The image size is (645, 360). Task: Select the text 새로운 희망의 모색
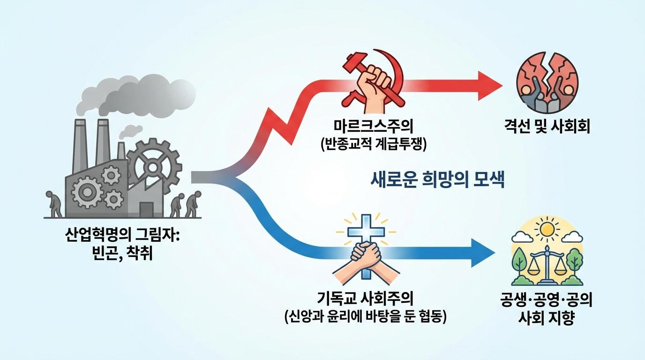[437, 180]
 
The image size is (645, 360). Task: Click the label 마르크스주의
[374, 127]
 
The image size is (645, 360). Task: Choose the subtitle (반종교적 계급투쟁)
[374, 144]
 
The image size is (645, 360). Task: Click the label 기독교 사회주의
[366, 298]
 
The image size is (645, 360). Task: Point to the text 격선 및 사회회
[546, 127]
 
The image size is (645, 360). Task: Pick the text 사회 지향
[547, 318]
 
